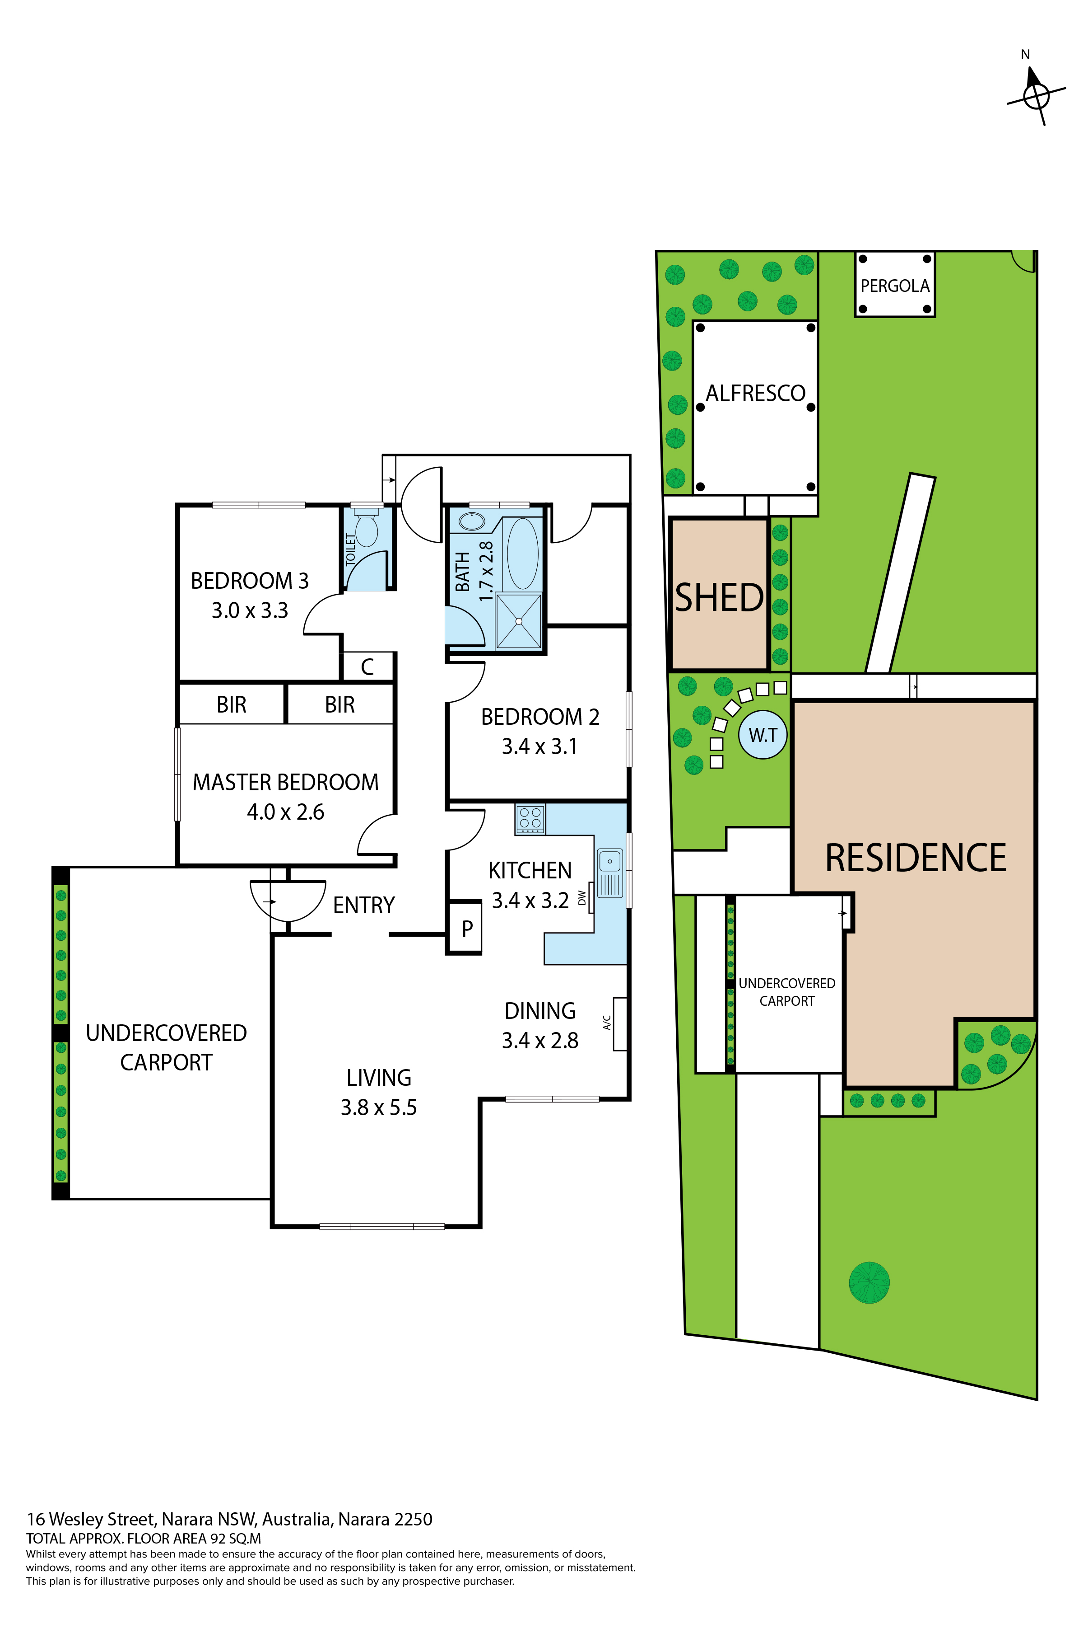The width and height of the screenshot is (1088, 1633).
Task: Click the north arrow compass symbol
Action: coord(1036,95)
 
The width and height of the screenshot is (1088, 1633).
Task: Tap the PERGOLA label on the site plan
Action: coord(894,286)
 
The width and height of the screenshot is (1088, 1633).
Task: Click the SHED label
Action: coord(719,598)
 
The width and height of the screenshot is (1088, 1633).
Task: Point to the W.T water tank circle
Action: coord(763,735)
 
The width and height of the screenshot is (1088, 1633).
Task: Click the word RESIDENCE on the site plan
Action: coord(915,858)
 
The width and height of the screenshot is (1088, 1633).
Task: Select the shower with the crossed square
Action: coord(518,621)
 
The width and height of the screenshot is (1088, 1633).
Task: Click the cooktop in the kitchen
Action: coord(530,819)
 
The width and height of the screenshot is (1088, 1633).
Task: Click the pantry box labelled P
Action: coord(466,928)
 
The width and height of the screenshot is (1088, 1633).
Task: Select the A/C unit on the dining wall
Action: coord(620,1023)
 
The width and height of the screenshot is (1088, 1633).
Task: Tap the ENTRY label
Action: coord(363,906)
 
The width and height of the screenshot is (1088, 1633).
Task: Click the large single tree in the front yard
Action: coord(869,1282)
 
